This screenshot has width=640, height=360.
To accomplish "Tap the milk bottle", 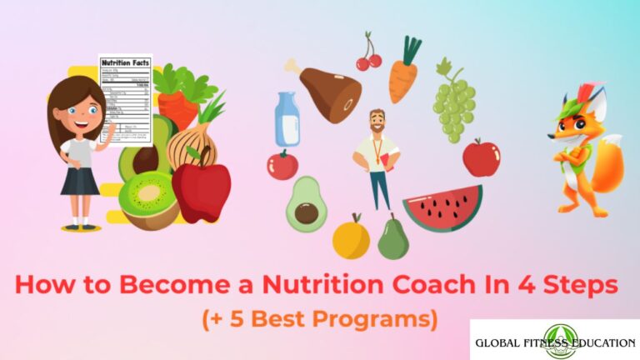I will pyautogui.click(x=288, y=119).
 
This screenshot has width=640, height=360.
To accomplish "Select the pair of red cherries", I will pyautogui.click(x=367, y=57).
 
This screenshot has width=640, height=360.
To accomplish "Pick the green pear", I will pyautogui.click(x=392, y=238).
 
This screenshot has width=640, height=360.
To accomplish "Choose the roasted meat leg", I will pyautogui.click(x=327, y=88).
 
